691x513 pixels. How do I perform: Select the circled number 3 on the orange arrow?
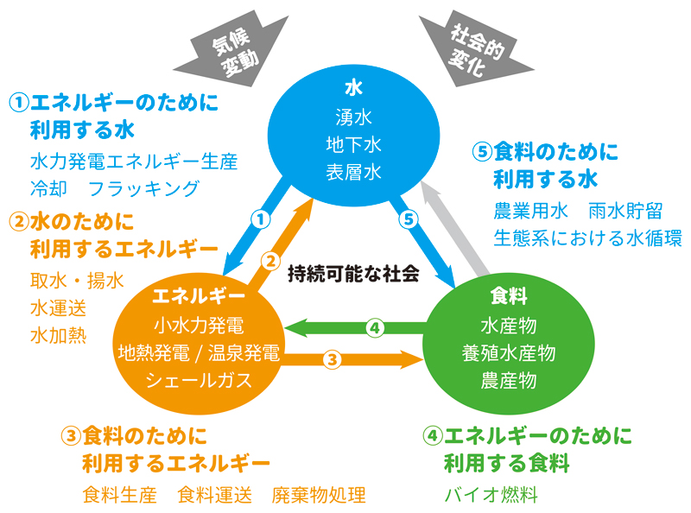(x=333, y=358)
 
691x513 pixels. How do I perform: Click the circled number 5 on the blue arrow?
(x=410, y=219)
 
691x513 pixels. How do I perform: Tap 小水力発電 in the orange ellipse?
(x=199, y=326)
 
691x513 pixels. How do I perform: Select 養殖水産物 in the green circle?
(x=508, y=351)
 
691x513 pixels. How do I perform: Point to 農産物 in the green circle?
(x=508, y=379)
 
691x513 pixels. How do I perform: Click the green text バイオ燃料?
(x=491, y=495)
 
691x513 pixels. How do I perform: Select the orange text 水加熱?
(x=58, y=333)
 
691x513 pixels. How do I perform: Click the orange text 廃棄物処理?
(x=319, y=495)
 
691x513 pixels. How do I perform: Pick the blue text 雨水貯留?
(x=624, y=210)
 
